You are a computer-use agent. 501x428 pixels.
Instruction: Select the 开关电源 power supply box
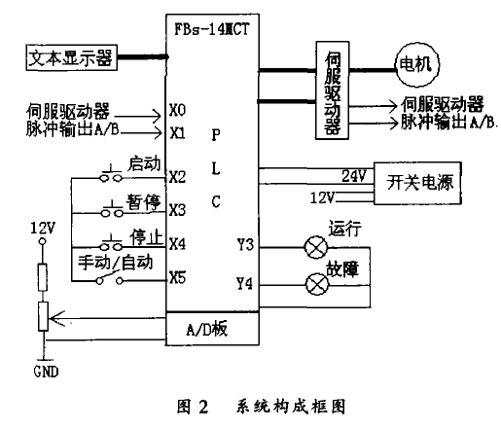point(422,182)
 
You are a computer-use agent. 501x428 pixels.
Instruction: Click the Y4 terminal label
point(244,284)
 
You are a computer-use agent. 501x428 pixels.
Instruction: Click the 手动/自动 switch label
point(117,262)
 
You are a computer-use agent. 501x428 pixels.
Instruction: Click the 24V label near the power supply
point(353,175)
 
